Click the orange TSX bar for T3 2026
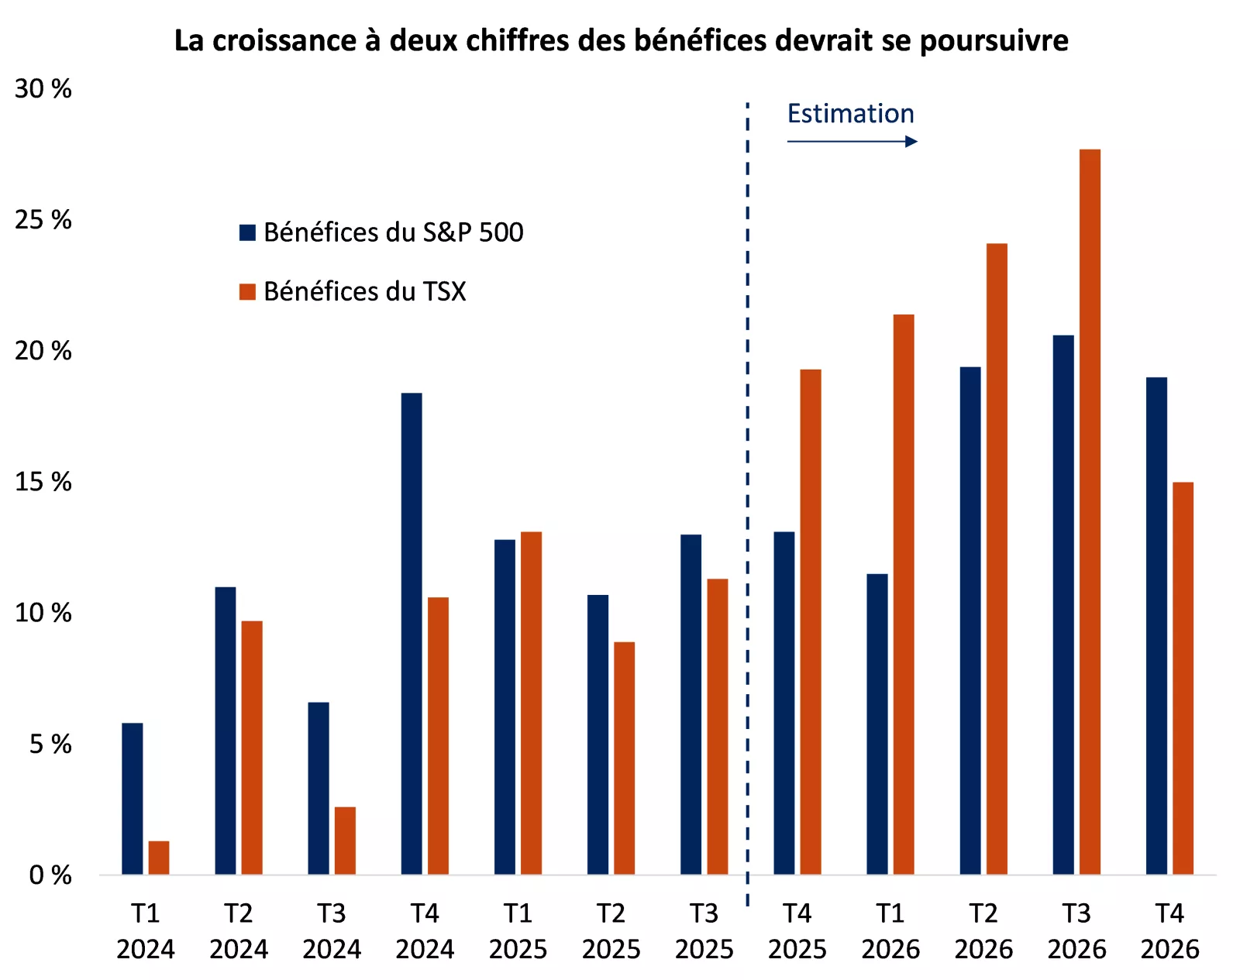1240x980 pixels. [1090, 511]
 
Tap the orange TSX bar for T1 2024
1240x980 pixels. [159, 858]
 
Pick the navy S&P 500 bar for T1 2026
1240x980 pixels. [877, 724]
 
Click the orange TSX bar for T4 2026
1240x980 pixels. [1183, 678]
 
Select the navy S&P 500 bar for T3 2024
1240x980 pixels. [319, 789]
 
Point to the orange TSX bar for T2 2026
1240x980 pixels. [997, 559]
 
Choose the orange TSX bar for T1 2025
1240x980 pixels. [531, 703]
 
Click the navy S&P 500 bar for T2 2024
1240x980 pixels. [226, 731]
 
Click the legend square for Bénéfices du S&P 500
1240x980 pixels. [247, 232]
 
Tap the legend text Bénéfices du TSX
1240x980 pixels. [364, 291]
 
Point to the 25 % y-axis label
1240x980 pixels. [43, 220]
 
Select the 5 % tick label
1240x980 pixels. [50, 744]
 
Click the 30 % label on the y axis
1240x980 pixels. [43, 89]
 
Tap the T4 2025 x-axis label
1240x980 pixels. [797, 931]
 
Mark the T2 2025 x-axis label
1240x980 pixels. [611, 931]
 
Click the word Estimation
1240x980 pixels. [850, 114]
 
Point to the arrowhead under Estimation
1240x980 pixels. [911, 141]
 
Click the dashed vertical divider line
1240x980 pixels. [747, 465]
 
